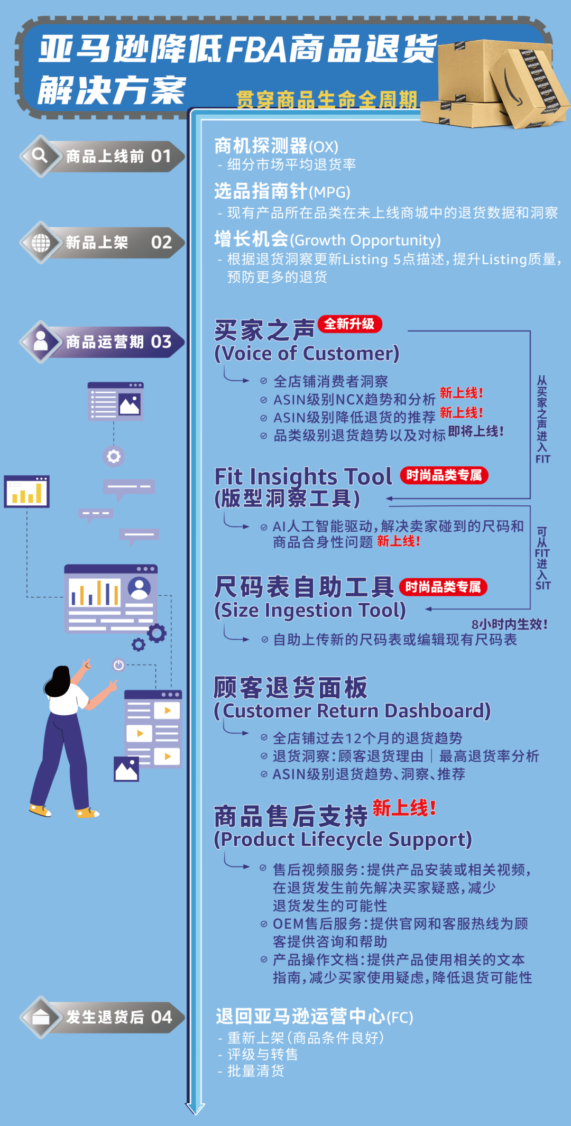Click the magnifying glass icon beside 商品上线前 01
[x=40, y=155]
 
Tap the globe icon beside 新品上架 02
[x=41, y=243]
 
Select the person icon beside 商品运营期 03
[x=41, y=342]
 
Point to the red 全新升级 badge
[x=349, y=324]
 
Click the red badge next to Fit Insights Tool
[x=444, y=475]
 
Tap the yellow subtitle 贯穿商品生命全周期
[x=326, y=99]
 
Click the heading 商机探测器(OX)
[x=276, y=146]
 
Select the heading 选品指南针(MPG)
[x=282, y=191]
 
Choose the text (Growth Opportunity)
[x=365, y=240]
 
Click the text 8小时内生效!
[x=509, y=624]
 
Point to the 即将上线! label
[x=475, y=431]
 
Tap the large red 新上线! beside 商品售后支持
[x=404, y=808]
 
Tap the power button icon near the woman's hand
[x=118, y=665]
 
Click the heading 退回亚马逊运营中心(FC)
[x=314, y=1016]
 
